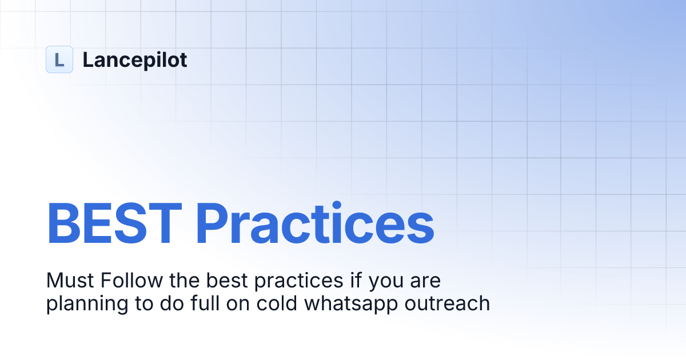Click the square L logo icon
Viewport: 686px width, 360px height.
click(x=59, y=59)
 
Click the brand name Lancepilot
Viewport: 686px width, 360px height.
click(x=135, y=59)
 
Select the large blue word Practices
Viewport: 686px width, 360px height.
click(x=314, y=224)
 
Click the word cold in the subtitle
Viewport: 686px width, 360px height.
click(x=265, y=303)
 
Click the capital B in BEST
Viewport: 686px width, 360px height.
click(x=65, y=224)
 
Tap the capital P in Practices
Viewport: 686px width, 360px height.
click(x=213, y=224)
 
